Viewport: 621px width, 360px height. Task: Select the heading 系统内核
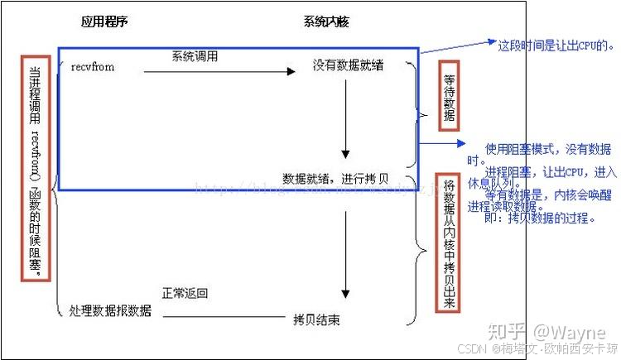[325, 22]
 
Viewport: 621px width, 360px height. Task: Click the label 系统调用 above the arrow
[195, 57]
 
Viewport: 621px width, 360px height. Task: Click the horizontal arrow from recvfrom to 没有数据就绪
[219, 72]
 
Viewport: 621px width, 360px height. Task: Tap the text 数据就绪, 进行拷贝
[335, 178]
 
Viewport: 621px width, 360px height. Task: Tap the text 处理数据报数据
[111, 311]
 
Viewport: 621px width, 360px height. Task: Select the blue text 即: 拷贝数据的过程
[540, 219]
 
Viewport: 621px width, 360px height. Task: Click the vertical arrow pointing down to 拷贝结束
[345, 257]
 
